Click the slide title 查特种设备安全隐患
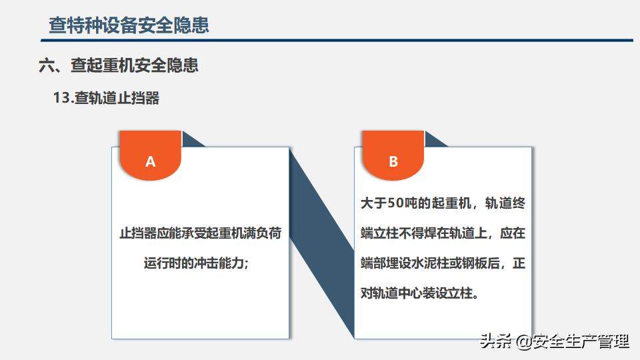(x=129, y=25)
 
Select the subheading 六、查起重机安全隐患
(x=119, y=65)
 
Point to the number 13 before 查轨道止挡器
(x=63, y=98)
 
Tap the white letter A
(x=151, y=161)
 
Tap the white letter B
(x=393, y=161)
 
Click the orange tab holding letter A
(x=151, y=155)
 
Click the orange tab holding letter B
(x=393, y=155)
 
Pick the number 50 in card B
(x=395, y=203)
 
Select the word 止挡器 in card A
(x=138, y=233)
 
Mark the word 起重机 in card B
(x=451, y=203)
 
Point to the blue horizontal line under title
(x=337, y=41)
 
